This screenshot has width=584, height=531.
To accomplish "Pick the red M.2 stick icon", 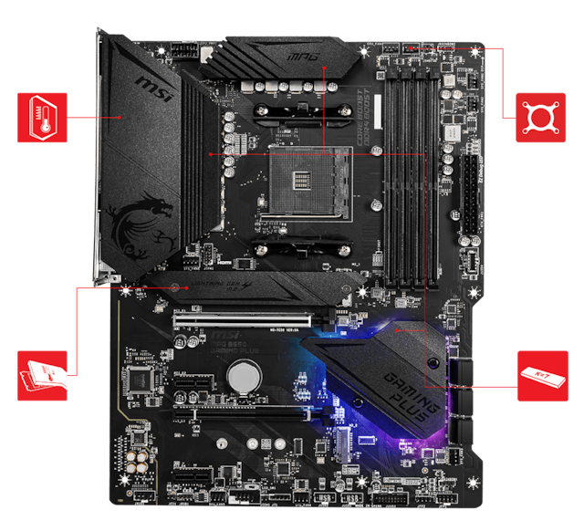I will point(541,374).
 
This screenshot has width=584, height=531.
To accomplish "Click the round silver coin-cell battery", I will point(243,374).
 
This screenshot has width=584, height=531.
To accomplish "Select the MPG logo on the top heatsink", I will point(303,56).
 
